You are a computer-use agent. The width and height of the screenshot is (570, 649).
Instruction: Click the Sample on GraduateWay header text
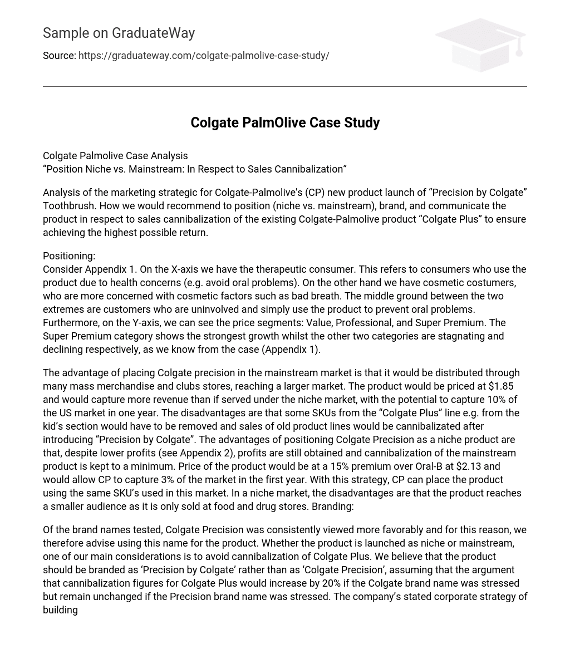[x=119, y=33]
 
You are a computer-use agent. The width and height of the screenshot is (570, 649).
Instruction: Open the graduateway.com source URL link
[x=204, y=56]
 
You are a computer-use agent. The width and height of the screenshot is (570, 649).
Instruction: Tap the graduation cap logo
[x=480, y=45]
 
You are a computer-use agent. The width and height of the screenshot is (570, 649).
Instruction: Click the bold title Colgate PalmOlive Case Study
[x=285, y=122]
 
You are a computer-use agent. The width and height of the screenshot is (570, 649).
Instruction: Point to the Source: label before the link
[x=59, y=56]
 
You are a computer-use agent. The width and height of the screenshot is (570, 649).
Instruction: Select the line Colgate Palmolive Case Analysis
[x=115, y=156]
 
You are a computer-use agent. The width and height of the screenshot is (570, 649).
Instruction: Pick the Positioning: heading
[x=69, y=256]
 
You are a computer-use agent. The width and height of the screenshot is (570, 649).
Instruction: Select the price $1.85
[x=500, y=386]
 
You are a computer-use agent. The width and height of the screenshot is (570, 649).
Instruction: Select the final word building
[x=60, y=610]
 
